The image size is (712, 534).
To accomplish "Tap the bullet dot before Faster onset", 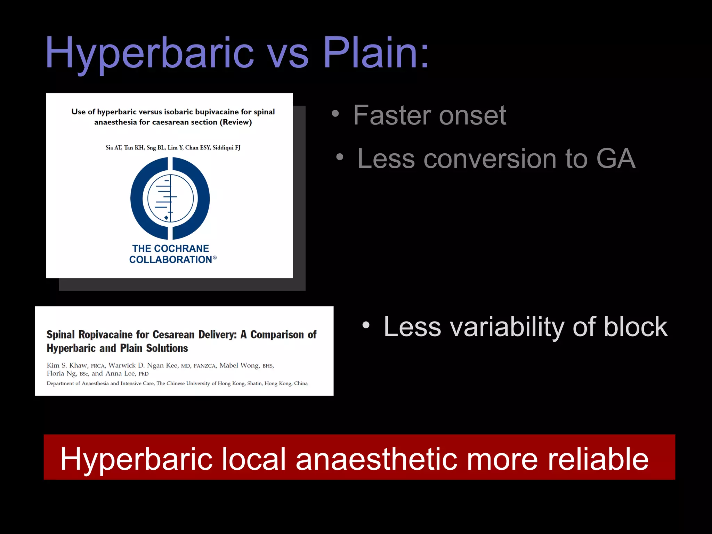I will coord(335,113).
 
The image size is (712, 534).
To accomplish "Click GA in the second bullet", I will coord(616,159).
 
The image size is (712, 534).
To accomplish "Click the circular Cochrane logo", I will coord(170,199).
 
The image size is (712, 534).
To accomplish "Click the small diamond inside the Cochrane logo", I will coord(166,218).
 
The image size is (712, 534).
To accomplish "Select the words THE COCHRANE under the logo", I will coord(170,249).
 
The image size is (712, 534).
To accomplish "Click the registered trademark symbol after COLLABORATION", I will coord(215,258).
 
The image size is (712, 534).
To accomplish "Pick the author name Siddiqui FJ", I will coord(226,148).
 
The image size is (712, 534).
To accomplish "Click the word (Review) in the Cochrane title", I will coord(236,122).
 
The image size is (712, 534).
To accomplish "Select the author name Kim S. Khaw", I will coord(67,365).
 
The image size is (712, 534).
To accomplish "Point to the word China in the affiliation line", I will coord(301,383).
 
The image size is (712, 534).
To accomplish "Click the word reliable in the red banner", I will coord(598,459).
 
